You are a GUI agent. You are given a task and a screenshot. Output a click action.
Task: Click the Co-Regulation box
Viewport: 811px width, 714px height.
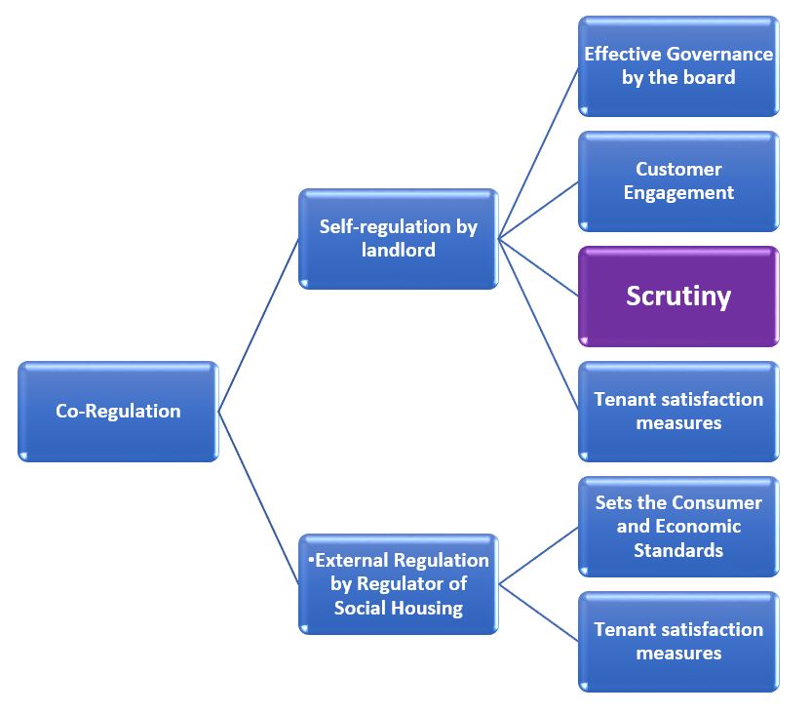(118, 411)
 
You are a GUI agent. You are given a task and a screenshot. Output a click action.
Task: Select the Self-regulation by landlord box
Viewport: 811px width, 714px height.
(398, 238)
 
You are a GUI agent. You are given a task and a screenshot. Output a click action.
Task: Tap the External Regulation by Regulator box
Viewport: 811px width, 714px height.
(398, 583)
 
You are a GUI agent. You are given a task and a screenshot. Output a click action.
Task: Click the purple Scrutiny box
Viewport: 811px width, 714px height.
(678, 296)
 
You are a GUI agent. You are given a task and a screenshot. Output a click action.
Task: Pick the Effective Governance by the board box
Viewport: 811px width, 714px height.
(678, 65)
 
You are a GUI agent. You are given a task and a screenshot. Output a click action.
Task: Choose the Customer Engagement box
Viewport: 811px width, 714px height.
(678, 180)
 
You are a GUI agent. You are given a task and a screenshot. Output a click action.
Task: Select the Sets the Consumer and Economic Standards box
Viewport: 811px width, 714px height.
(678, 526)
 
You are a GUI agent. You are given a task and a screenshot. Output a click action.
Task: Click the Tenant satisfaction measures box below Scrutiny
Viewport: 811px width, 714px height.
(678, 411)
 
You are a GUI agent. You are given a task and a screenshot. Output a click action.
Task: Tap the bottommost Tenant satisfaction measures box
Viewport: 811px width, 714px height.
(678, 641)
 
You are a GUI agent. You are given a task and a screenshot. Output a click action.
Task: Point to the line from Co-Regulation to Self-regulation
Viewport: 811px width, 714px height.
(258, 324)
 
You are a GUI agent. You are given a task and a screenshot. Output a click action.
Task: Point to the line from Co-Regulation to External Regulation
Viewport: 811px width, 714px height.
(258, 497)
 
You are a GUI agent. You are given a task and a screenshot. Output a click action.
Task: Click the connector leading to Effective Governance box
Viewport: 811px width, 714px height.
(538, 151)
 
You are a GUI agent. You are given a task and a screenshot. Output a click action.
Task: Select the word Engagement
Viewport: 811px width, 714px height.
(678, 192)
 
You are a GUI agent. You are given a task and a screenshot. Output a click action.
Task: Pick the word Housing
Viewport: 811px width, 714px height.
(425, 607)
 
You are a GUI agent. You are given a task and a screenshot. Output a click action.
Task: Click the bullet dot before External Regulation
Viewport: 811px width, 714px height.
(310, 558)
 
